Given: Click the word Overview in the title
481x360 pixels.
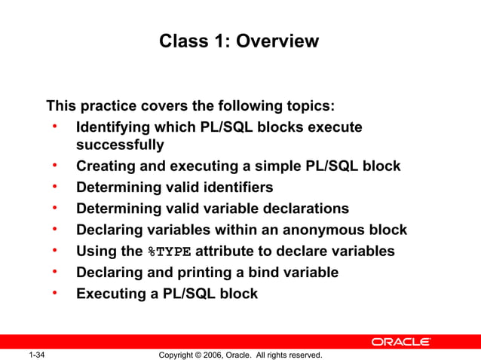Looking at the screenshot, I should coord(277,41).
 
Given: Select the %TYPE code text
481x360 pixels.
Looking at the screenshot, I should coord(169,252).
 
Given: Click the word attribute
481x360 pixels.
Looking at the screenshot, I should coord(227,251).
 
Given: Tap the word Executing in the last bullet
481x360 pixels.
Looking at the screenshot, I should coord(111,294).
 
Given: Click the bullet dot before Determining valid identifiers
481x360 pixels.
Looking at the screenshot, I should coord(55,185).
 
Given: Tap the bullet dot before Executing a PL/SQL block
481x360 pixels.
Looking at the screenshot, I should coord(55,292).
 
